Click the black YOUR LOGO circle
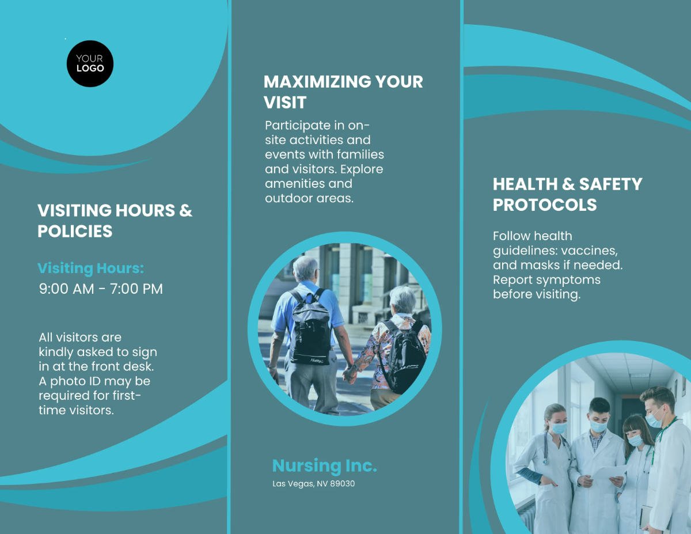pyautogui.click(x=90, y=63)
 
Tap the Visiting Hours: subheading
pyautogui.click(x=90, y=268)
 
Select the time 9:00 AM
pyautogui.click(x=66, y=289)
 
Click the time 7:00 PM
pyautogui.click(x=136, y=289)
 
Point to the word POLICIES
pyautogui.click(x=75, y=232)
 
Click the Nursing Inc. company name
pyautogui.click(x=324, y=465)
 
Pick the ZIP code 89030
pyautogui.click(x=343, y=484)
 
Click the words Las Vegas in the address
pyautogui.click(x=292, y=484)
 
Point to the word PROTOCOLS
pyautogui.click(x=545, y=205)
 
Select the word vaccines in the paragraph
pyautogui.click(x=589, y=251)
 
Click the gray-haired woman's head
pyautogui.click(x=401, y=301)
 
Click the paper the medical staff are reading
pyautogui.click(x=608, y=472)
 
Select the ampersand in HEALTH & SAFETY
pyautogui.click(x=568, y=184)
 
